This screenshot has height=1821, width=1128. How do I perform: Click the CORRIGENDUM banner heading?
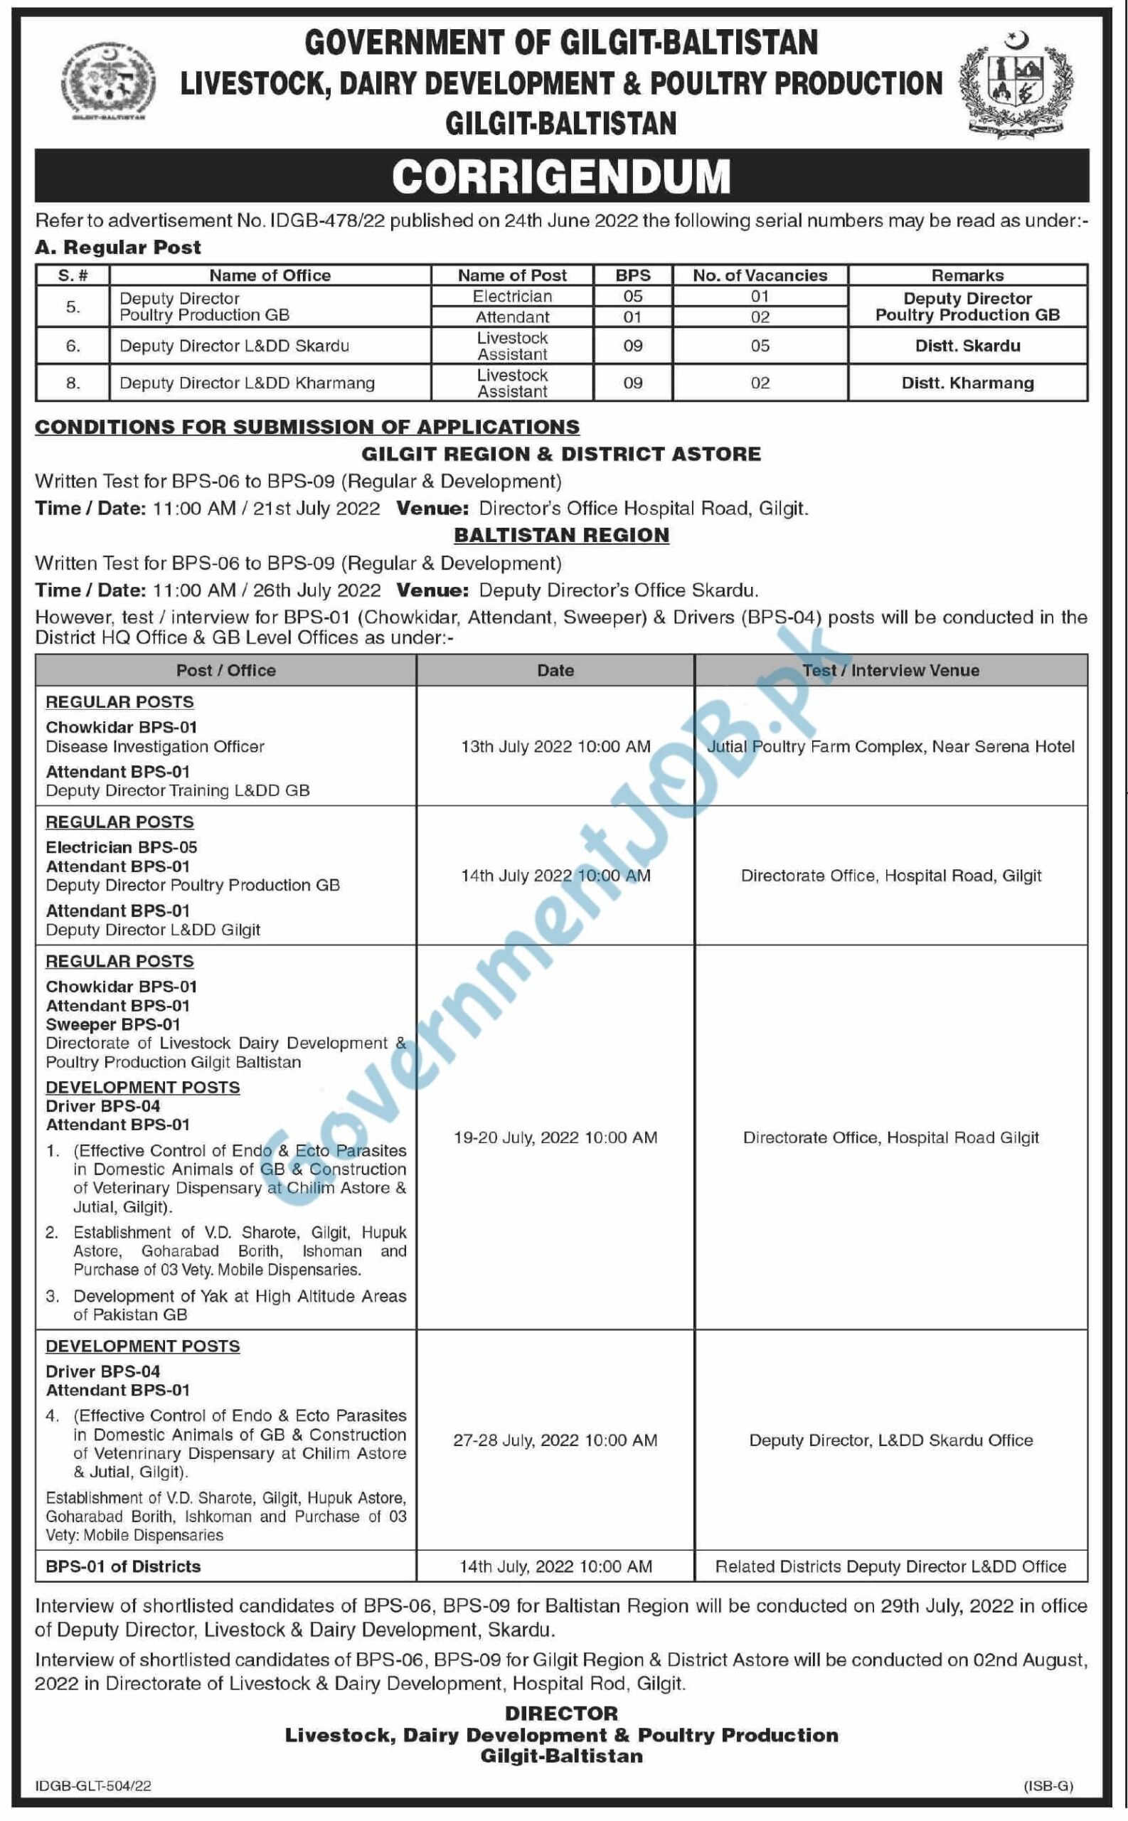tap(561, 177)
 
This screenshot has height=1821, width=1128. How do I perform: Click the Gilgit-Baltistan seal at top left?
tap(109, 81)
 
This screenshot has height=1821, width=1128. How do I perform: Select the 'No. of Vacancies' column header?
tap(760, 275)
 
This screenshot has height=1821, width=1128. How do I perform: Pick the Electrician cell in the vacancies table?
tap(512, 296)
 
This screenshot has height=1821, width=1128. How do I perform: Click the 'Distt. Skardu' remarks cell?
tap(967, 346)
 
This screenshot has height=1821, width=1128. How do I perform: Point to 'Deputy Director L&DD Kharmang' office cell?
tap(247, 383)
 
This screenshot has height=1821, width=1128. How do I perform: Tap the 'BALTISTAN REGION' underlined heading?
tap(561, 536)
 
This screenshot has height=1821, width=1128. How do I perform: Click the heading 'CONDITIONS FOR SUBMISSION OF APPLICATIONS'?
tap(307, 428)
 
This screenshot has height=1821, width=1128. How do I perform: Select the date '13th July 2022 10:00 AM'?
tap(555, 747)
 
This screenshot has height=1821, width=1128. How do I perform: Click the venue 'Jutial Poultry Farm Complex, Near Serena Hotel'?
tap(890, 747)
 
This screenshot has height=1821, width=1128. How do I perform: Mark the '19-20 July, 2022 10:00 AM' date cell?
tap(555, 1137)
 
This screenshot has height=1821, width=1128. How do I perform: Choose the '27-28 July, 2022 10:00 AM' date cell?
tap(555, 1440)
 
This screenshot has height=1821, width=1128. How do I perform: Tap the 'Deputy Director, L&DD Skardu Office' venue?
tap(890, 1440)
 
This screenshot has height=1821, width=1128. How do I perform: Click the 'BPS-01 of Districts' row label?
tap(123, 1566)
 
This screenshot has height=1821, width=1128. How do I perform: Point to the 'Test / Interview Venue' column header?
tap(890, 671)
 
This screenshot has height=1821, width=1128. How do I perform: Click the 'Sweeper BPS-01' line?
tap(112, 1025)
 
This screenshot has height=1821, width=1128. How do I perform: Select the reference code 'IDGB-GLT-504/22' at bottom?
tap(93, 1786)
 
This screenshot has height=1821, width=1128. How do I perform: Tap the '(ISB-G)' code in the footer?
tap(1048, 1786)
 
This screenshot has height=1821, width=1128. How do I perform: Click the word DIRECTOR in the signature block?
tap(561, 1714)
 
